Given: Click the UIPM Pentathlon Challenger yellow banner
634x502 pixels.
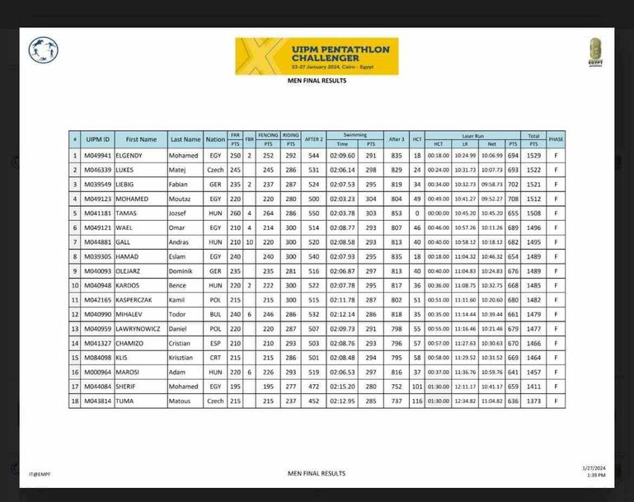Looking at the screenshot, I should tap(317, 55).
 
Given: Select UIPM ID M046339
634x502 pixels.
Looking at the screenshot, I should tap(97, 169).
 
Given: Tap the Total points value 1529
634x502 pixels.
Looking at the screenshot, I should tap(534, 155).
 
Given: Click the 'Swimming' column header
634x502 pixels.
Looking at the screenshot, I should tap(355, 134).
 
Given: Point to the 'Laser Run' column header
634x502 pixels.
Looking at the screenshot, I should tap(473, 134).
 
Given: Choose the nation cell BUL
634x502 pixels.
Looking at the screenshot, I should tap(215, 314).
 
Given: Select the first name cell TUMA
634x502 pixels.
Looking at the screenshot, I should tap(126, 401).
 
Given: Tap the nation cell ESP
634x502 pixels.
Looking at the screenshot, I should tap(215, 343).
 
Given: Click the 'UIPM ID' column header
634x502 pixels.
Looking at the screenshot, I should tap(97, 139).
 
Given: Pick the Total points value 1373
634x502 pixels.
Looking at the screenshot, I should tap(534, 401).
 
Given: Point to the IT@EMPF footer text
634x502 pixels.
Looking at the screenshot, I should tap(40, 474).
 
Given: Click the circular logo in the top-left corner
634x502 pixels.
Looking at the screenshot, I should tap(43, 50).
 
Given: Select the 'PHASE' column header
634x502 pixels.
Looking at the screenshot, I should tap(557, 139).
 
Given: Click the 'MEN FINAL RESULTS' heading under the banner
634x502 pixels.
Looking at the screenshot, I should tap(317, 81).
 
